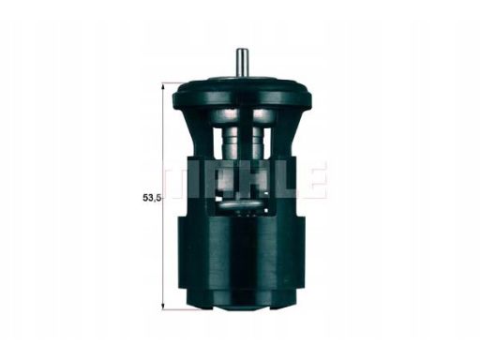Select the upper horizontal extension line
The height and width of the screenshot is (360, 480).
click(x=178, y=82)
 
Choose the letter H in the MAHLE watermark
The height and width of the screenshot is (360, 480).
click(x=246, y=180)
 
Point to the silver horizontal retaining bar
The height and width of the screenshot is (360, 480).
click(x=246, y=200)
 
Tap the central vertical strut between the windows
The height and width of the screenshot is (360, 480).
click(x=246, y=145)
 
